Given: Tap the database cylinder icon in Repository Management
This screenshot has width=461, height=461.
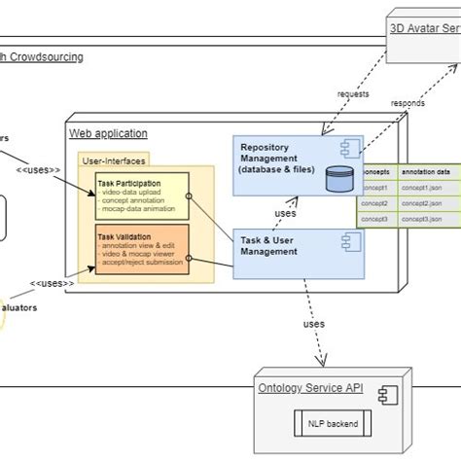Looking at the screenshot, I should [339, 178].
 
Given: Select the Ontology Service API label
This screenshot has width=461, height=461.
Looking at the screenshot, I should [310, 389].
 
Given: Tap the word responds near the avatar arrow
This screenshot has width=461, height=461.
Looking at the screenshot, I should [407, 103].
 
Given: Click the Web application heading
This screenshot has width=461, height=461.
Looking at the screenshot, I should [108, 133].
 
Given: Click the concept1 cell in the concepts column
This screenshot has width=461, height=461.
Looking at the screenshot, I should [375, 187].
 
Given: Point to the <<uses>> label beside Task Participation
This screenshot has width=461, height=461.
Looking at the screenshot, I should [38, 170].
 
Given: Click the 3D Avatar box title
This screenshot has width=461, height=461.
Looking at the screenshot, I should [424, 28].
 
